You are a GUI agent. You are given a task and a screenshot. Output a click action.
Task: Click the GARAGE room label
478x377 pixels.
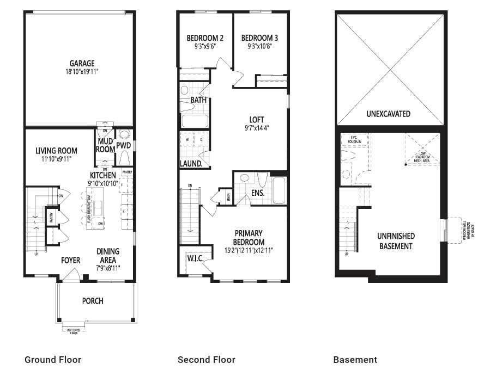81,64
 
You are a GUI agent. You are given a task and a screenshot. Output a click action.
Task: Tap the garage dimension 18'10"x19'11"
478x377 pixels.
81,71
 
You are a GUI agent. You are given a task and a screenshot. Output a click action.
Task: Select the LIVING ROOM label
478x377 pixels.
56,151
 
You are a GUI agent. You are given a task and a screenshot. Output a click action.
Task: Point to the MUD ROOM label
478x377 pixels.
105,145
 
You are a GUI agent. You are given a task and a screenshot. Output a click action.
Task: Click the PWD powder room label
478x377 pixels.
124,146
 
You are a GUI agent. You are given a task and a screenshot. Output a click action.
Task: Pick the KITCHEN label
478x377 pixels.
103,175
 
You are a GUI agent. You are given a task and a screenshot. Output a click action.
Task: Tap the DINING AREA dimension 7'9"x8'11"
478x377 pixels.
108,268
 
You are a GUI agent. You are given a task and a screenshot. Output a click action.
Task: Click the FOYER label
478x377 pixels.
70,260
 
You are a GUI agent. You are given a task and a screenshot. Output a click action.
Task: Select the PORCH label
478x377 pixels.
93,301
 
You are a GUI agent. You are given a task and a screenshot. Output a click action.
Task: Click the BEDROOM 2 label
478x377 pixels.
205,38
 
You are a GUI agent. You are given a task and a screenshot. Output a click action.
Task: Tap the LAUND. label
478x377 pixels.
191,163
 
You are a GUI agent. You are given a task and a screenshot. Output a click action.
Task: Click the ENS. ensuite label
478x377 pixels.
258,193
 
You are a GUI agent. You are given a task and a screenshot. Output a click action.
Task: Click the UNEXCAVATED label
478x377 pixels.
388,114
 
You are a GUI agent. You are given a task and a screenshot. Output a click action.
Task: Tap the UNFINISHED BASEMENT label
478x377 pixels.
396,241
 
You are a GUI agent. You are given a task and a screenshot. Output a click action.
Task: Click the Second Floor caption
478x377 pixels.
207,360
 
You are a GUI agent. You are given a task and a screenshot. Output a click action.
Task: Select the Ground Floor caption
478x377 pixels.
53,360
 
